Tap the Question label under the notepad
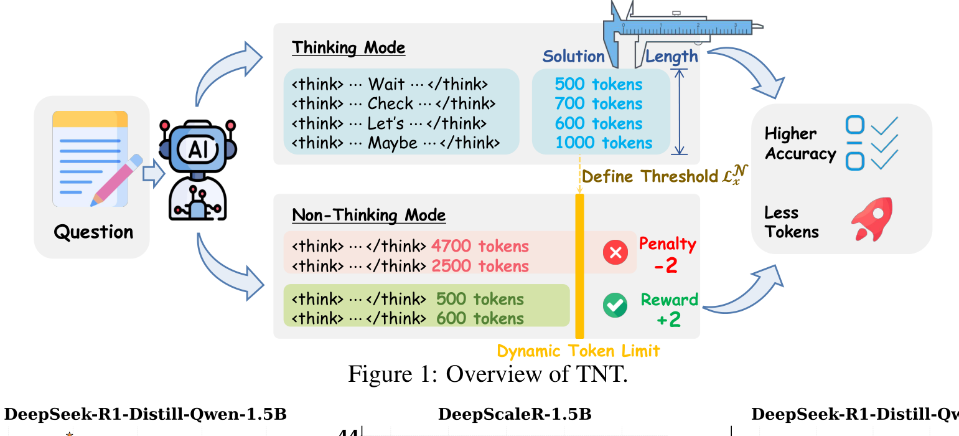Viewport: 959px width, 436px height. [93, 232]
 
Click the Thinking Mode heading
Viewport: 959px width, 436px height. [349, 48]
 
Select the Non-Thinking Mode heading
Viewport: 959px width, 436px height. [368, 216]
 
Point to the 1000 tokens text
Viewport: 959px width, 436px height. [604, 143]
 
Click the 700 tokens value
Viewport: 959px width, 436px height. [598, 103]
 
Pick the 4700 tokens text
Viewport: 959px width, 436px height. [480, 246]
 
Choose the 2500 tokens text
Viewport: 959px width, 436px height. [480, 266]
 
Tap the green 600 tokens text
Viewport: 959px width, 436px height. [480, 318]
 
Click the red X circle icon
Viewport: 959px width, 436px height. [615, 253]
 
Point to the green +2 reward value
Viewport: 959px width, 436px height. [668, 320]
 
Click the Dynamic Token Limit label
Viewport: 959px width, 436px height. [578, 351]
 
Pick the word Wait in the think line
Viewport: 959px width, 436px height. [386, 84]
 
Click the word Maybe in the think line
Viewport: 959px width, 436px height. [392, 143]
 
